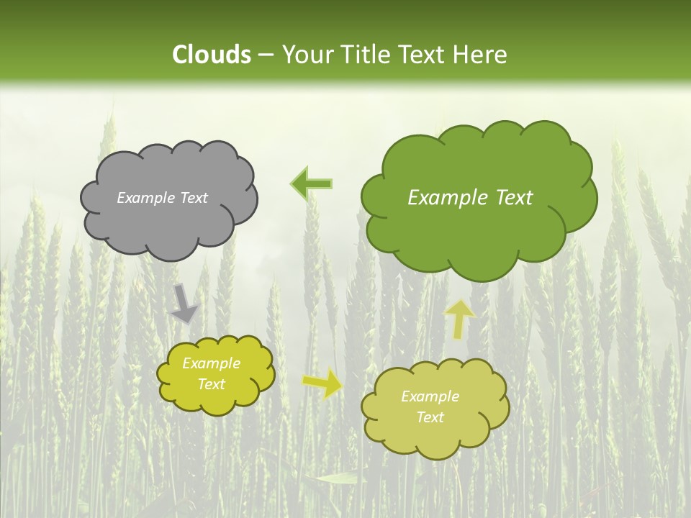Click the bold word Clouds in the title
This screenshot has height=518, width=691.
[212, 55]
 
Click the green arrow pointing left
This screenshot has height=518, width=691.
[311, 183]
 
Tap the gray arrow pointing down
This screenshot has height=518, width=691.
[184, 303]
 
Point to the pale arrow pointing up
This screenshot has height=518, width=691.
[460, 319]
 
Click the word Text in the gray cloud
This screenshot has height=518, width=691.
[194, 198]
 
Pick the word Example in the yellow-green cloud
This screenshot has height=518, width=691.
[212, 363]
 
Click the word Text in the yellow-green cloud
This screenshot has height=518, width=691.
[212, 384]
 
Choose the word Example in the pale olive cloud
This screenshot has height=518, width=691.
[430, 396]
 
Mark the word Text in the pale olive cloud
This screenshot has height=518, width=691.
[430, 417]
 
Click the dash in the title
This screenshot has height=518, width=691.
[266, 55]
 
